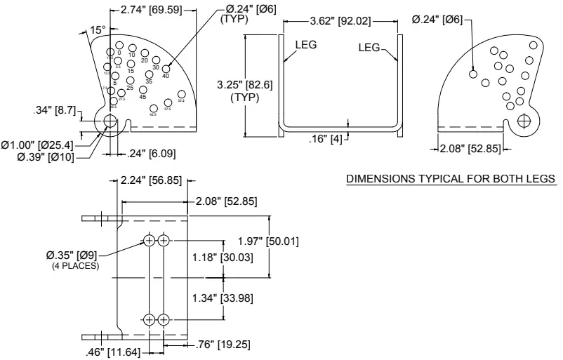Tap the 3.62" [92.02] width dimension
(341, 21)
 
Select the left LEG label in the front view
(307, 45)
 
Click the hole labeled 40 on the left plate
(166, 68)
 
